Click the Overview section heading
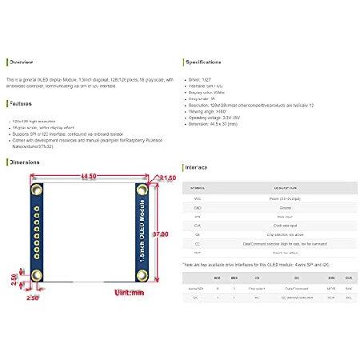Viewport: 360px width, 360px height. pyautogui.click(x=21, y=62)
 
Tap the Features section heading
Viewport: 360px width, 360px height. pyautogui.click(x=21, y=104)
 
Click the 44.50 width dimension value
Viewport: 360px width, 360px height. pyautogui.click(x=90, y=176)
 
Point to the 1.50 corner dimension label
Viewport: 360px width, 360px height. pyautogui.click(x=168, y=178)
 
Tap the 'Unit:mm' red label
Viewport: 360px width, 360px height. pyautogui.click(x=128, y=294)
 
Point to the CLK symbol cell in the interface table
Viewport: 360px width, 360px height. pyautogui.click(x=198, y=226)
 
